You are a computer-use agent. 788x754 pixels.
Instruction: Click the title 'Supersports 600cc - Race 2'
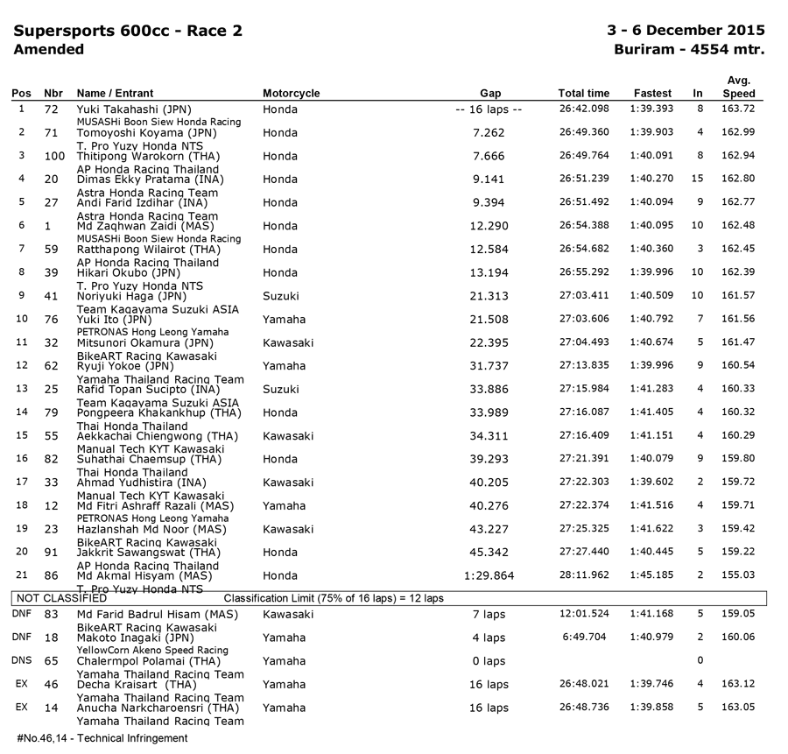[128, 32]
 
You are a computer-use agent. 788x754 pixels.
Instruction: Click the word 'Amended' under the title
[49, 50]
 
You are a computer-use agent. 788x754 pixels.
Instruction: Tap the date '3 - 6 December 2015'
[686, 32]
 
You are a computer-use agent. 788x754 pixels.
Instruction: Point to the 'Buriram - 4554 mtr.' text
[690, 50]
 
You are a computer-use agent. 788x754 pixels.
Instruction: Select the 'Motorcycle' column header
[292, 94]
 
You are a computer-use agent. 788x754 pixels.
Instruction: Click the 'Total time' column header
[584, 94]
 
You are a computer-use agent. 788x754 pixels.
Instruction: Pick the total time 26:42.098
[584, 109]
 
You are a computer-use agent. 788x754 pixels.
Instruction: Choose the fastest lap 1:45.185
[652, 576]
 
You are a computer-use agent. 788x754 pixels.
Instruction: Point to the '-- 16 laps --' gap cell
[490, 109]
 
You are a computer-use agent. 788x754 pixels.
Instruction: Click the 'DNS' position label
[22, 661]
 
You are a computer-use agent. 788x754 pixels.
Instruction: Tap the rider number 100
[54, 156]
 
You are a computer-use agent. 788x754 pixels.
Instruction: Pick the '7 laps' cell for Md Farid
[490, 615]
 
